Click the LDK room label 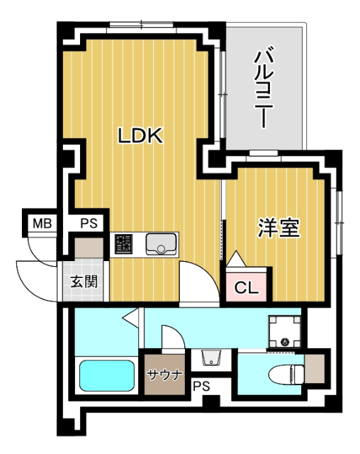[140, 135]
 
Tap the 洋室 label [279, 228]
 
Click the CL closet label [246, 288]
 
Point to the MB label [43, 223]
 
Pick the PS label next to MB [89, 223]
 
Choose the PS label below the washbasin [201, 386]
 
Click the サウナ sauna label [164, 375]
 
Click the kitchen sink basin [161, 244]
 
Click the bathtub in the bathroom [107, 375]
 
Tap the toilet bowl [286, 375]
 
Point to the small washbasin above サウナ [211, 358]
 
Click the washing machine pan [285, 332]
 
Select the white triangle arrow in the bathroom [130, 318]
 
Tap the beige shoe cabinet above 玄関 [89, 248]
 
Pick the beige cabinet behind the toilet [315, 369]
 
